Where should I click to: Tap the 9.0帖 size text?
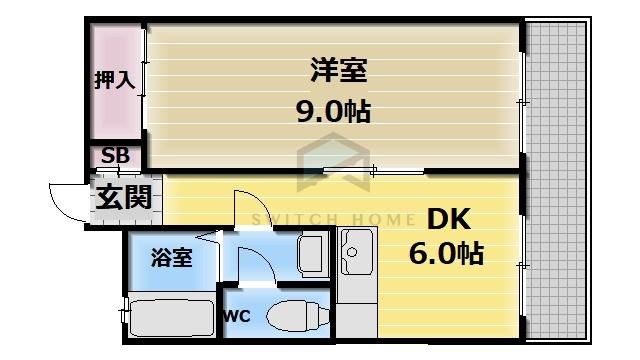pyautogui.click(x=332, y=109)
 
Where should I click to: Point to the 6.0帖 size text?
pyautogui.click(x=446, y=253)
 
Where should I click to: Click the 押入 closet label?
pyautogui.click(x=114, y=81)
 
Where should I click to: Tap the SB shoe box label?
pyautogui.click(x=116, y=157)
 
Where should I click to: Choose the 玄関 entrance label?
pyautogui.click(x=124, y=197)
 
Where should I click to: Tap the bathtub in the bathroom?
pyautogui.click(x=170, y=318)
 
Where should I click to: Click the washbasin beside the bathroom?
pyautogui.click(x=311, y=252)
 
